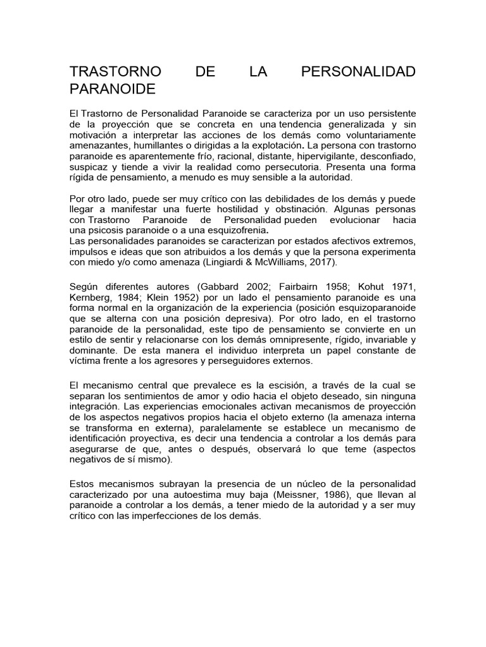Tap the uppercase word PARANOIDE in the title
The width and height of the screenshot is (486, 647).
112,89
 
